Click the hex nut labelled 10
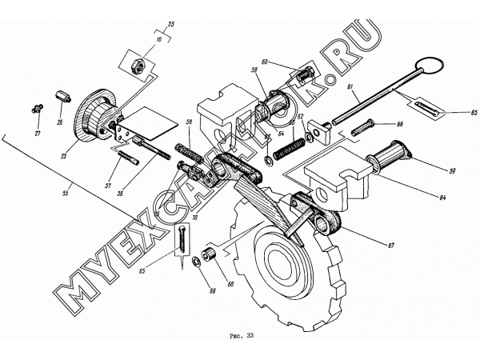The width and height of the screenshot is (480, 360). point(136,62)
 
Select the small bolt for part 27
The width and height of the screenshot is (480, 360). point(37,106)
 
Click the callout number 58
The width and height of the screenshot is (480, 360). point(190,121)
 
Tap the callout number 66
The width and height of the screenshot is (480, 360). point(399,125)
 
